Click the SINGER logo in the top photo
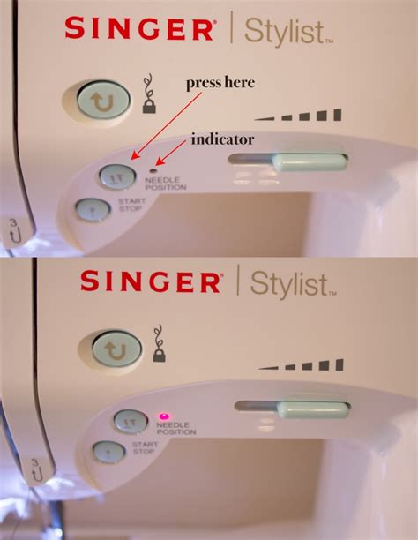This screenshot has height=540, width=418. [x=138, y=29]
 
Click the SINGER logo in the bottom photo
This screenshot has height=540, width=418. [x=151, y=281]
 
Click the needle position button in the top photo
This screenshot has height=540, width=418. [x=117, y=176]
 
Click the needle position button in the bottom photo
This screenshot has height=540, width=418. [x=131, y=421]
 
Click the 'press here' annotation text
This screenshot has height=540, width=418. [x=220, y=83]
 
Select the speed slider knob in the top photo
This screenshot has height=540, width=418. [x=309, y=162]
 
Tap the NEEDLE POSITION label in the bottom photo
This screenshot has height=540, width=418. [x=175, y=428]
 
